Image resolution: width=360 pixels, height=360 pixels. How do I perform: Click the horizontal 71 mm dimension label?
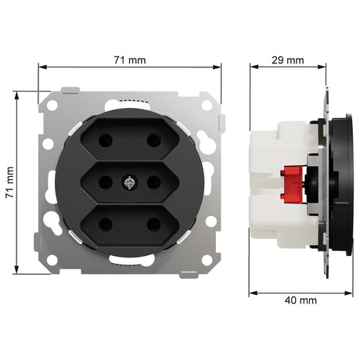[x=130, y=60]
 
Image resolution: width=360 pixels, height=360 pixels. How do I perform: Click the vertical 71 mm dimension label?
[x=10, y=182]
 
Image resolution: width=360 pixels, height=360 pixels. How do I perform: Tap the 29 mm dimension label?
[x=288, y=60]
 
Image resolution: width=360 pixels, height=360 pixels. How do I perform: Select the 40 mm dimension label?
[x=301, y=301]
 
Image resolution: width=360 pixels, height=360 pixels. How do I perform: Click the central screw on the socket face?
[x=129, y=182]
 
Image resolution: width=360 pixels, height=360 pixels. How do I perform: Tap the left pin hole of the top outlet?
[x=106, y=140]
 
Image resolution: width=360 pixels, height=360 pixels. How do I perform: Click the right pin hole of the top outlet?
[x=153, y=140]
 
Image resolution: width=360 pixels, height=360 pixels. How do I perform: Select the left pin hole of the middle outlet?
[x=106, y=182]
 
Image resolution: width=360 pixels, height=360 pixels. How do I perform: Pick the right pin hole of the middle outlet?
[x=153, y=182]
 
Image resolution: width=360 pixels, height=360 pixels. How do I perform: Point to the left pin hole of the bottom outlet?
[x=106, y=225]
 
